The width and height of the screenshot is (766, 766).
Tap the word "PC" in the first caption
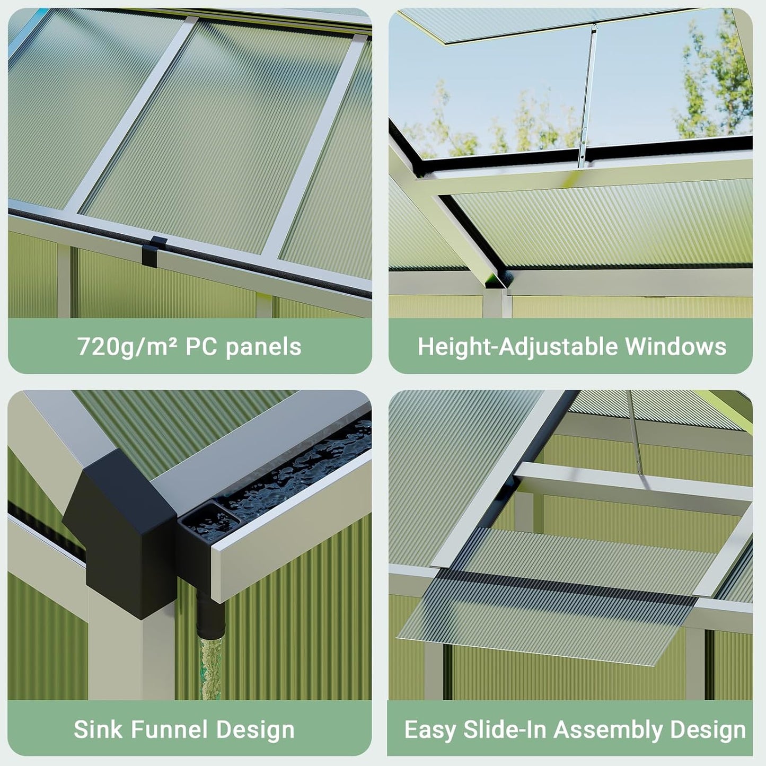coord(199,347)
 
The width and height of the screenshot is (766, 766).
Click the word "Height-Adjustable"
coord(518,347)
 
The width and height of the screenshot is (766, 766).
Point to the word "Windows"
coord(675,347)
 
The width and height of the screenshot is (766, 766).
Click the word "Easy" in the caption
coord(430,730)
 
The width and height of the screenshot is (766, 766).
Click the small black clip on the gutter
coord(154,251)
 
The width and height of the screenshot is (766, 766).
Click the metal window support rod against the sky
coord(588,95)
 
